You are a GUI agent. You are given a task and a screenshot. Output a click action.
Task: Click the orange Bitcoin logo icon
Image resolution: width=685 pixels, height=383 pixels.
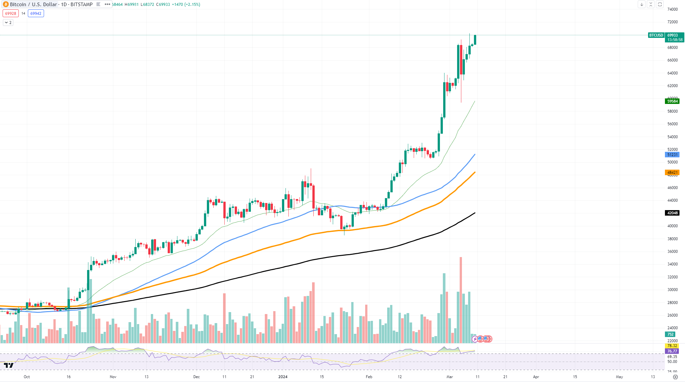(x=6, y=5)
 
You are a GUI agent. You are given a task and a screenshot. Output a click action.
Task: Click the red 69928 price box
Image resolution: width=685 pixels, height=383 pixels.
(x=11, y=14)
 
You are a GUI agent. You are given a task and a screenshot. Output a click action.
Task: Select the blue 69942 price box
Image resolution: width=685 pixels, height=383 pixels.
(x=36, y=14)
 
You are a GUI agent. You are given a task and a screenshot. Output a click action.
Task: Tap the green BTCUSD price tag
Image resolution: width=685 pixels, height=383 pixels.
(x=656, y=35)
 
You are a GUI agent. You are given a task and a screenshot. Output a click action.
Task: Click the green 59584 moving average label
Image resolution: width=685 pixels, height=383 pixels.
(x=672, y=101)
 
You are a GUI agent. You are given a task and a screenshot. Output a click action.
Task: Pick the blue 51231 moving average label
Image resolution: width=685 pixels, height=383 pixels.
(x=672, y=155)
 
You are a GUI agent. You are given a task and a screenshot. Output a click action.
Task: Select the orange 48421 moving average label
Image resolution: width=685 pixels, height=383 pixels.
(x=672, y=173)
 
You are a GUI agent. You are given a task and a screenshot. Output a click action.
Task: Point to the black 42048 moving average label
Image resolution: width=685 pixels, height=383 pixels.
(x=672, y=213)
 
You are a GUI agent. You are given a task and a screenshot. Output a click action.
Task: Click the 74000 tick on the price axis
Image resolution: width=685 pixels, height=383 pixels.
(x=672, y=9)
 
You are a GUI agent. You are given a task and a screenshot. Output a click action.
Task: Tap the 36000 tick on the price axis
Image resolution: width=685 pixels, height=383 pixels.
(x=672, y=252)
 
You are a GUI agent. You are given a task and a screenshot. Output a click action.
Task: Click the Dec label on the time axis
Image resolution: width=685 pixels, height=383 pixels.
(x=197, y=377)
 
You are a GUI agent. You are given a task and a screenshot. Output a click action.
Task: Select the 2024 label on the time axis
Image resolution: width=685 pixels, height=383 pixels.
(x=283, y=377)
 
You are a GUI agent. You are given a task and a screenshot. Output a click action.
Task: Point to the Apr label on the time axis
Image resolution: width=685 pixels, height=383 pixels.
(x=536, y=377)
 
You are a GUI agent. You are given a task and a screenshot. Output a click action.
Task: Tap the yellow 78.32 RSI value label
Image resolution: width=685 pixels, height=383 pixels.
(x=672, y=346)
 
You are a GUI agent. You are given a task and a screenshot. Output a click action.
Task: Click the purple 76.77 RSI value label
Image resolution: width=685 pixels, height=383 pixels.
(x=672, y=351)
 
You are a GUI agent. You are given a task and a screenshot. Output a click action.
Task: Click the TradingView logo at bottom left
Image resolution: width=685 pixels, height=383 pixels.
(x=9, y=366)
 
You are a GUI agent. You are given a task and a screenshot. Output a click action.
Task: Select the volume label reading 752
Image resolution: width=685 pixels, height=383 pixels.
(x=670, y=334)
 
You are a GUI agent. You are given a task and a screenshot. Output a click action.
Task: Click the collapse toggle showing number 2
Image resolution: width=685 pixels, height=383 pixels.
(x=8, y=23)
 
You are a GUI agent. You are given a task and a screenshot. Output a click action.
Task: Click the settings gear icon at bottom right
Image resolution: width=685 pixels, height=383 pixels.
(x=675, y=377)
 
